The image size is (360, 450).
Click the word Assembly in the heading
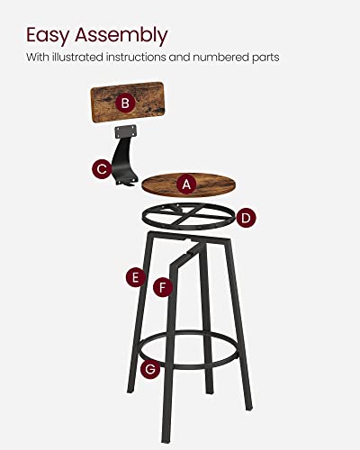coord(122,37)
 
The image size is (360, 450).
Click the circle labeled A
coord(187,183)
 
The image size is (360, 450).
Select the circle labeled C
coord(102,166)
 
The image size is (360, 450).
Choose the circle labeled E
coord(135,278)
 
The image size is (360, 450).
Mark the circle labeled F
coord(163,288)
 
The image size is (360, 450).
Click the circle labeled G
coord(151,367)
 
